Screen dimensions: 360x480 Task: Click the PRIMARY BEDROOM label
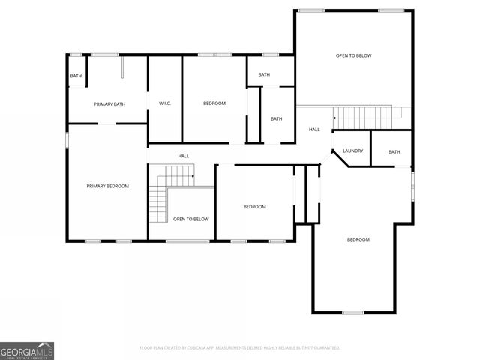point(107,186)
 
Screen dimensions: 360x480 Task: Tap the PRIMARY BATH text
point(108,103)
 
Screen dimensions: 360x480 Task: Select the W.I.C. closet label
point(165,103)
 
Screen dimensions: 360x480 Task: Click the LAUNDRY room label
point(353,151)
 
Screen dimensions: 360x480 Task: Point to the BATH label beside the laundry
point(394,152)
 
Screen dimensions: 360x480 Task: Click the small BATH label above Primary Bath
point(76,76)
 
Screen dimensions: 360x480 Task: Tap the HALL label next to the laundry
point(314,130)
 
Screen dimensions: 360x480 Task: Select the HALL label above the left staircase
point(183,156)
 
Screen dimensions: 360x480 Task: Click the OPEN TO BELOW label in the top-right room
point(353,55)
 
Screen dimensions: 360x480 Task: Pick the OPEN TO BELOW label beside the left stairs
point(190,219)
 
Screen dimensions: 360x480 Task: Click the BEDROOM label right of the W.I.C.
point(214,103)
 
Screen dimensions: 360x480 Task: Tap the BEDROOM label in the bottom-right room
point(358,239)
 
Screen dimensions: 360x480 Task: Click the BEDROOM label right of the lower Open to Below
point(254,207)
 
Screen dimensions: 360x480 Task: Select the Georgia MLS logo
point(27,350)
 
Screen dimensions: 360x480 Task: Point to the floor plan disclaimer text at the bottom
point(240,347)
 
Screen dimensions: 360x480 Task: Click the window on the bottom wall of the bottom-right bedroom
point(352,312)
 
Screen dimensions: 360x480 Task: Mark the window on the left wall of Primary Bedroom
point(67,139)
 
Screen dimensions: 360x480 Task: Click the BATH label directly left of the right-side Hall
point(276,118)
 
